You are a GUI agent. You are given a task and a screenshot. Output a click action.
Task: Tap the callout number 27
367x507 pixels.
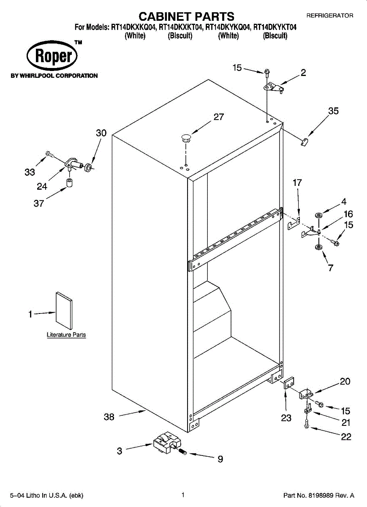point(218,117)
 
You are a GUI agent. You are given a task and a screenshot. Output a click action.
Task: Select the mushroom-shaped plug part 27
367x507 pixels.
point(185,136)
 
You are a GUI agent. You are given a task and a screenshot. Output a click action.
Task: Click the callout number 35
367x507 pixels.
point(333,111)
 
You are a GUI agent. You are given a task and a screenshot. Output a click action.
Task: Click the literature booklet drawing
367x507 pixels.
point(63,310)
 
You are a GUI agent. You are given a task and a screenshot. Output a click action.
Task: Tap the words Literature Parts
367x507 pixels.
point(66,335)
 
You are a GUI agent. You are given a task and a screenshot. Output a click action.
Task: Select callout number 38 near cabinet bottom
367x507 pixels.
point(109,417)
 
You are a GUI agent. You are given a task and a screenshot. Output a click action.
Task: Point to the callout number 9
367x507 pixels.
point(220,459)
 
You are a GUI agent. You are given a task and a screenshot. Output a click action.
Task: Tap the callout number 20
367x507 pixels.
point(345,382)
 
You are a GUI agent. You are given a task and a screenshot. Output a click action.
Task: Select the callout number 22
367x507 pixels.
point(346,437)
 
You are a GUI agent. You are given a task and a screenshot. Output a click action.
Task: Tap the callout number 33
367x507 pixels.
point(30,172)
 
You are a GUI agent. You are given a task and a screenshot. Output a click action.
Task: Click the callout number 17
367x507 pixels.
point(297,183)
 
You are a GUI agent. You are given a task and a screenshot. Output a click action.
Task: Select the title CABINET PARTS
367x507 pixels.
point(186,16)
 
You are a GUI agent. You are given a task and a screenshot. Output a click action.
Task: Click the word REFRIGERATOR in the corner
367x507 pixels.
point(329,15)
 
